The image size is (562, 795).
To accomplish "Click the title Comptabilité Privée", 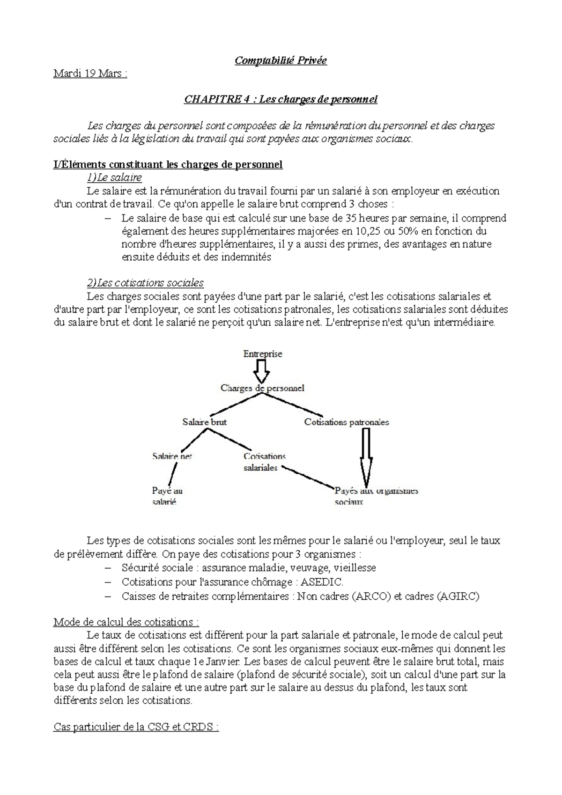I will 281,60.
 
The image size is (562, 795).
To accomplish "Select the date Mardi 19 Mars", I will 90,74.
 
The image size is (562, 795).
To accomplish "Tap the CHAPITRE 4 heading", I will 281,99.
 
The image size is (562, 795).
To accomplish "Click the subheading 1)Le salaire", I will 114,177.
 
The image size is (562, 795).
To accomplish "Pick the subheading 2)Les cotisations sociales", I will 145,283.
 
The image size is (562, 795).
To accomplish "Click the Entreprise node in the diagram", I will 263,354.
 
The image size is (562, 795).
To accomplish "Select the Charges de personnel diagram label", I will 262,388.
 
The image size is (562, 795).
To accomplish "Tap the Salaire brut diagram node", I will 205,422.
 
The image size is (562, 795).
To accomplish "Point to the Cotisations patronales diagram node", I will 347,422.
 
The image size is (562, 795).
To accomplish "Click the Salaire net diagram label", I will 172,456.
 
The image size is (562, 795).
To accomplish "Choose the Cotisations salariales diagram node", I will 264,462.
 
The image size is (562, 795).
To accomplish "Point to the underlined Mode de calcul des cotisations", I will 126,622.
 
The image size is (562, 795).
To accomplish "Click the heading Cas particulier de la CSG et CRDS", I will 136,728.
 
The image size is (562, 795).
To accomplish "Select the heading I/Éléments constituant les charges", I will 168,164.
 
